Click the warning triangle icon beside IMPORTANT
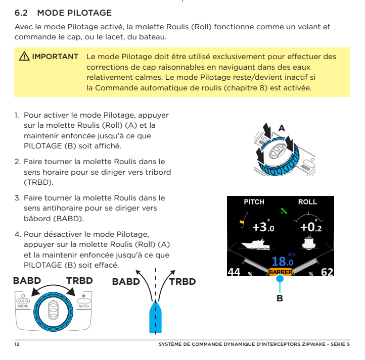click(x=24, y=56)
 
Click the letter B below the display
click(x=280, y=298)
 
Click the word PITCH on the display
click(x=254, y=202)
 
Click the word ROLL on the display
click(x=307, y=202)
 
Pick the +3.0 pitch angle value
click(x=263, y=228)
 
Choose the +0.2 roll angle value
click(x=310, y=228)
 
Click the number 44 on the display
click(x=234, y=272)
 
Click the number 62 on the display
click(x=327, y=272)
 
